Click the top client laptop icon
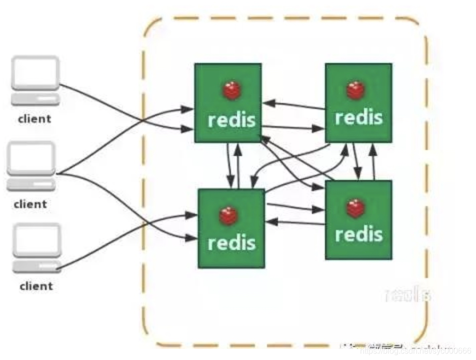coord(35,80)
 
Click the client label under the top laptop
coord(34,119)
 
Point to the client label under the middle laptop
coord(30,204)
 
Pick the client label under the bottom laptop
coord(36,286)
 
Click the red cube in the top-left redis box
coord(231,91)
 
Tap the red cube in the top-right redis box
coord(356,90)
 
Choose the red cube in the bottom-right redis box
coord(356,208)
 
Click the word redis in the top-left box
coord(232,120)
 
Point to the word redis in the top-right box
coord(358,117)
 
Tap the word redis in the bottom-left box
coord(231,243)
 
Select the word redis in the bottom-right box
coord(358,234)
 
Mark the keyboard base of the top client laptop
coord(35,98)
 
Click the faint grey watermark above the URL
coord(407,295)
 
